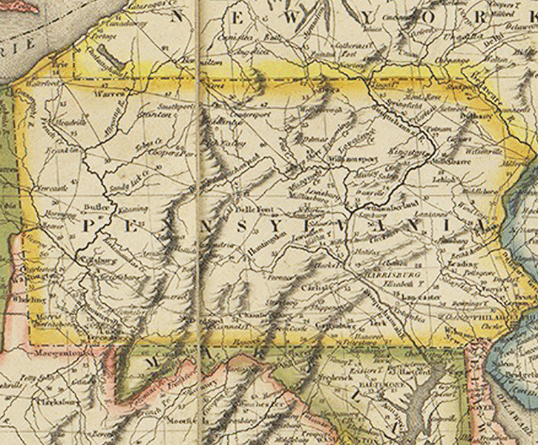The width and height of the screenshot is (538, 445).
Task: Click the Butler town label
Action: (96, 208)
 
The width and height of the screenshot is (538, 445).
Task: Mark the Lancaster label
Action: (424, 297)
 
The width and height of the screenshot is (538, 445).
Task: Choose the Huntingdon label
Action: (268, 250)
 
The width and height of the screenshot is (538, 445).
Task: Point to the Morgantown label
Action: (54, 352)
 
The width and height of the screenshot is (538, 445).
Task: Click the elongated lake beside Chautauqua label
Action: (107, 56)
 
